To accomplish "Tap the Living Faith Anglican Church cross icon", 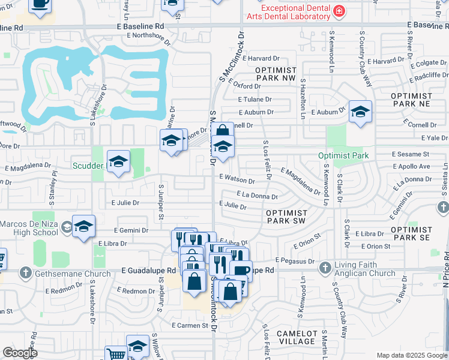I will coord(325,267).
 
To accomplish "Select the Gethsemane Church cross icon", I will coord(25,273).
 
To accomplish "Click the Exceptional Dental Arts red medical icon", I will coord(339,11).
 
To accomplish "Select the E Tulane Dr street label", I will coord(255,100).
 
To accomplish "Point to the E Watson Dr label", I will coord(237,178).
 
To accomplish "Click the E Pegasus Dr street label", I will coord(295,261).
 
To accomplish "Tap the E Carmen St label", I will coord(193,325).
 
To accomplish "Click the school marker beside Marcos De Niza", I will coord(85,226).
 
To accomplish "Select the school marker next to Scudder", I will coord(118,161).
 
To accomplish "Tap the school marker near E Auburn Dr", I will coord(360,112).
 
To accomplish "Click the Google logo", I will coord(20,353).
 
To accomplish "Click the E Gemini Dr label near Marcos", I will coord(131,230).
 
